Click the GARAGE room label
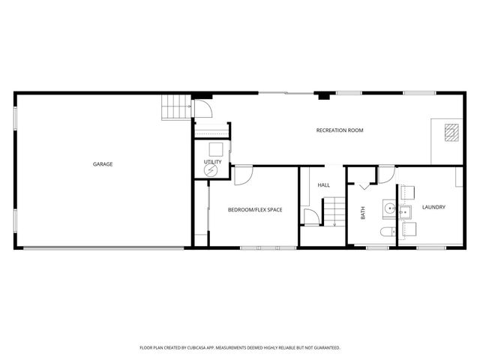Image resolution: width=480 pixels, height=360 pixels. click(x=103, y=164)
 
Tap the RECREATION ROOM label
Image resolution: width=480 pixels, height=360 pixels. click(x=340, y=130)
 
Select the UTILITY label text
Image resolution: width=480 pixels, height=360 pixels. click(x=211, y=161)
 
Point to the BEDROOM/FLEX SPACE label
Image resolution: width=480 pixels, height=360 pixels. click(x=255, y=209)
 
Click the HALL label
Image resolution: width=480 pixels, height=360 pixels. click(x=324, y=184)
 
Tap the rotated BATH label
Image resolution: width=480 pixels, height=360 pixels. click(x=363, y=213)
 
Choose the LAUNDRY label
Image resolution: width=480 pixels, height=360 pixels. click(x=433, y=207)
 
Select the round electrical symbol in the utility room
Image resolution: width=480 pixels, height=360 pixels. click(x=211, y=171)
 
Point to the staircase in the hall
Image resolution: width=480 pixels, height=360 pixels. click(x=333, y=211)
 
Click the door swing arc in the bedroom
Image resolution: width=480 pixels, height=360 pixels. click(x=244, y=175)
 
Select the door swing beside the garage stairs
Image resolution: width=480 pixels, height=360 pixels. click(x=204, y=109)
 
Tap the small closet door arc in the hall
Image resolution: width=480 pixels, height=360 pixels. click(x=309, y=217)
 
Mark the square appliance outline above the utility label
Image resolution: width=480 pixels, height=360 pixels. click(x=216, y=148)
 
